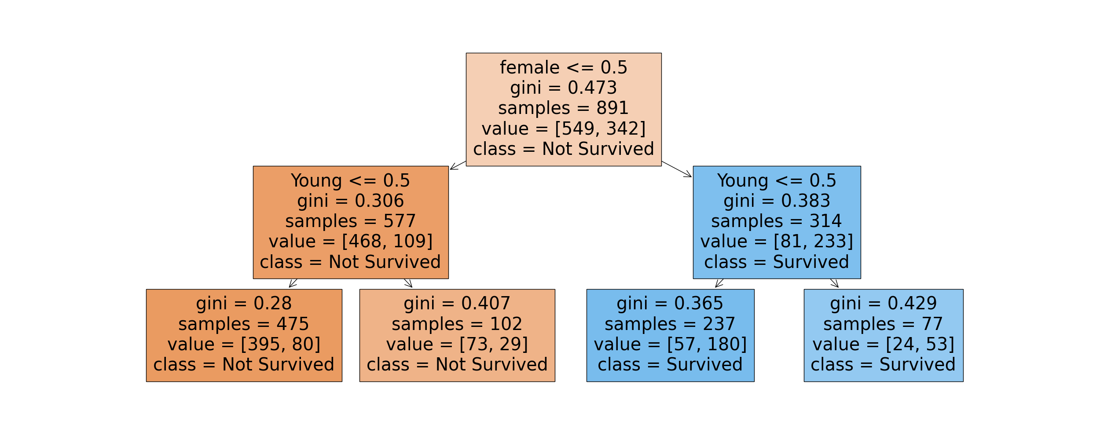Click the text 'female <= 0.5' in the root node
click(563, 68)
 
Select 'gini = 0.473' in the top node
click(563, 88)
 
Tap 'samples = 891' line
click(563, 108)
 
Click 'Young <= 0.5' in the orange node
click(350, 181)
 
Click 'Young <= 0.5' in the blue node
click(777, 181)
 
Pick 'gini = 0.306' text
click(350, 201)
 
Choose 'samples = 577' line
click(350, 221)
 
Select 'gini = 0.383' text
click(777, 201)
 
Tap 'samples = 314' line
click(777, 221)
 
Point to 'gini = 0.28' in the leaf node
click(244, 304)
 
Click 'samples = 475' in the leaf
click(244, 324)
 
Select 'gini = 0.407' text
click(457, 304)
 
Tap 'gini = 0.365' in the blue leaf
click(670, 304)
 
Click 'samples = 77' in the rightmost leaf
click(883, 324)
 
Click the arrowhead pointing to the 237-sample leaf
click(718, 285)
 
